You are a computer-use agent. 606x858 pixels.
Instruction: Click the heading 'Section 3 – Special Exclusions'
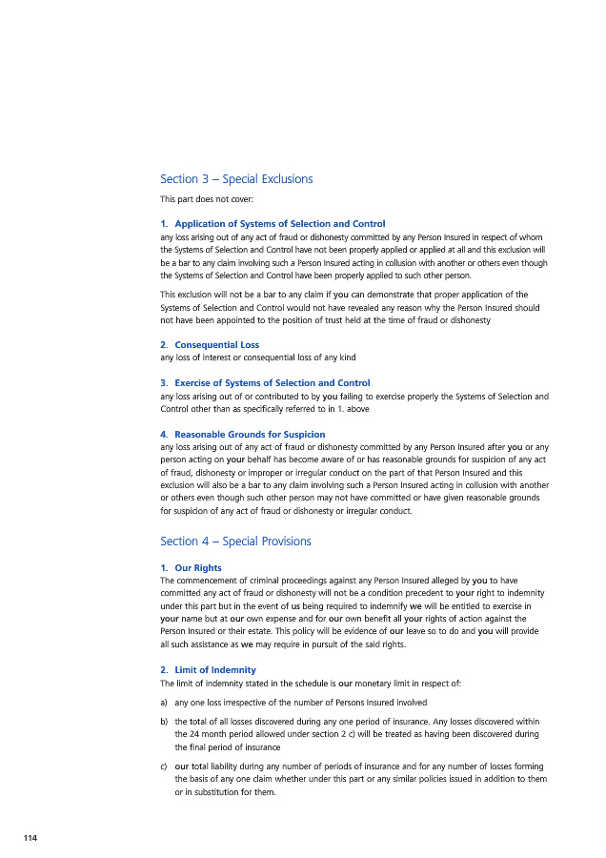[x=236, y=179]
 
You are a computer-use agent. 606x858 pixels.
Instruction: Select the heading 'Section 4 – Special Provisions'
[x=235, y=541]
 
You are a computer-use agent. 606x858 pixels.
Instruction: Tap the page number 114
[x=31, y=838]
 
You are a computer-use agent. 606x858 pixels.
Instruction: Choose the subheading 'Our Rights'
[x=198, y=568]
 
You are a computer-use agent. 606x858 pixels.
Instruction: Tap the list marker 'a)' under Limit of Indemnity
[x=165, y=704]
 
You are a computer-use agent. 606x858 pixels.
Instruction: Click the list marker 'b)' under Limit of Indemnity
[x=165, y=723]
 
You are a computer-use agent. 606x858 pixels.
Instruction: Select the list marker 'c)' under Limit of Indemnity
[x=165, y=766]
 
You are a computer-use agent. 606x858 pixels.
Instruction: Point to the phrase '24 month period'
[x=228, y=735]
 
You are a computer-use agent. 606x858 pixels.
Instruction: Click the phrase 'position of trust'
[x=334, y=321]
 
